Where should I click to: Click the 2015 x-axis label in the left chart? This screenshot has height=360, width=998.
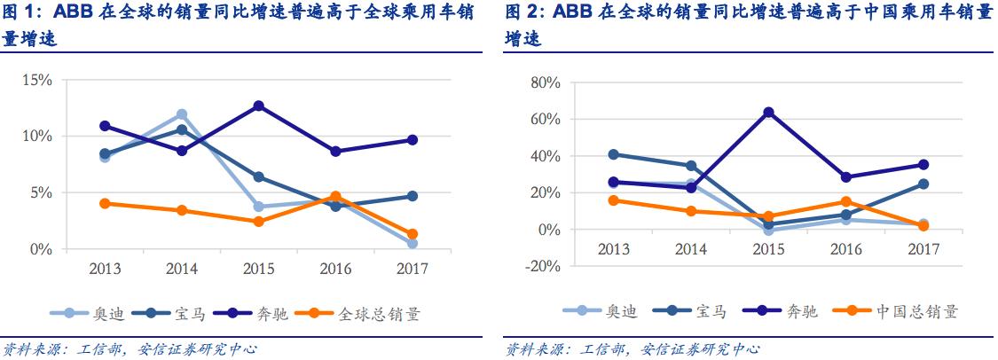click(257, 267)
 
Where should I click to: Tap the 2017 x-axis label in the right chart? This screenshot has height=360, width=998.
click(923, 249)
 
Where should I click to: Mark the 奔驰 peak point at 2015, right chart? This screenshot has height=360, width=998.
click(769, 113)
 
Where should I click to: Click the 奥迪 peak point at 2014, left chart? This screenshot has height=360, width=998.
click(182, 114)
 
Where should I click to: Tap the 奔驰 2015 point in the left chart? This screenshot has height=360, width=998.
click(258, 106)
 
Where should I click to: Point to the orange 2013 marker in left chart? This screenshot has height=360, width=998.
click(105, 203)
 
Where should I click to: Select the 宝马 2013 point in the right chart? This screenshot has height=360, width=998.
click(615, 154)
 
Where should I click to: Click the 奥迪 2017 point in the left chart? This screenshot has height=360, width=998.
click(413, 243)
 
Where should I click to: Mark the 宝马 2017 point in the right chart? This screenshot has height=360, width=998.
click(923, 184)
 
